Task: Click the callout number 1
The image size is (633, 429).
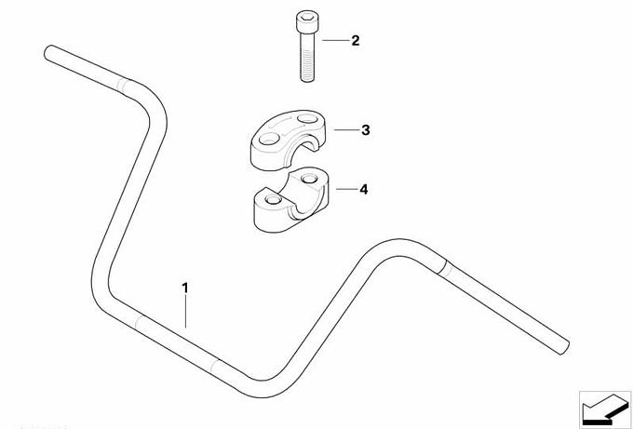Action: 185,288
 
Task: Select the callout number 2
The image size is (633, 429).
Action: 356,40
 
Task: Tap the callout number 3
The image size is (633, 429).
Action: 365,130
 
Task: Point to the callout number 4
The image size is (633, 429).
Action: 364,189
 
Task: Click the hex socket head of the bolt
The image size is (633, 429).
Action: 306,22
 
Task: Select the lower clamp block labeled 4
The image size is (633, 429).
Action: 291,200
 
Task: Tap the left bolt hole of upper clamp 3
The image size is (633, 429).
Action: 269,140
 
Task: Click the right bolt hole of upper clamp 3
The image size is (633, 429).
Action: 306,119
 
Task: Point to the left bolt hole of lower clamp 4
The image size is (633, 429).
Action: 274,200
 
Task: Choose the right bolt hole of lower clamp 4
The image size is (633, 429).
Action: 309,178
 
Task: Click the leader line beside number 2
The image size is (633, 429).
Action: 335,40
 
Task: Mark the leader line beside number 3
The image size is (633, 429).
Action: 346,130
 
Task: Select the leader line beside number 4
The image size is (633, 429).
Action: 346,189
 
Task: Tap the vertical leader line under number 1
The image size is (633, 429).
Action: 185,312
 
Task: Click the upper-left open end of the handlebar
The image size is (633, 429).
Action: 49,53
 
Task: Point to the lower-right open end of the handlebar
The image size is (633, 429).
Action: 564,347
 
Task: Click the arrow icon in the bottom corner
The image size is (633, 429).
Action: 604,408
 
